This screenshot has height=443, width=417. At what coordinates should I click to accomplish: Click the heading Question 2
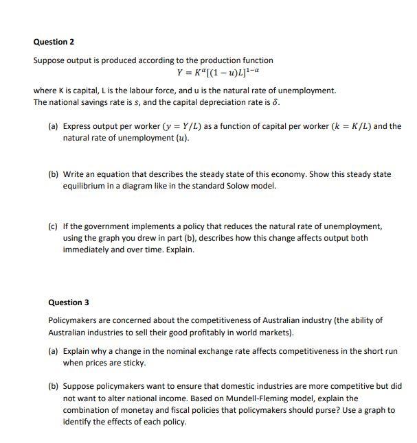[54, 42]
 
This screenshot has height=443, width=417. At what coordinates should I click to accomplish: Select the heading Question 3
[69, 302]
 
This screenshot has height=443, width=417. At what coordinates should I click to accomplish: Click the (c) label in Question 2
[53, 226]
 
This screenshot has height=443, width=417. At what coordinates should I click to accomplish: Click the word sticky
[133, 363]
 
